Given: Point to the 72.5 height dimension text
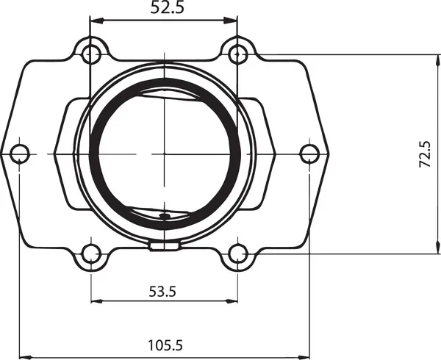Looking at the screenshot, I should pos(426,155).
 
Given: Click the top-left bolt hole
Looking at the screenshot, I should pos(91,54).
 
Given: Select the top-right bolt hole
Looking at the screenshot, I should pos(237,54).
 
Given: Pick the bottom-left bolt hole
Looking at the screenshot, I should pos(91,254).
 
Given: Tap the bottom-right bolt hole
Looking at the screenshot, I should pos(237,254).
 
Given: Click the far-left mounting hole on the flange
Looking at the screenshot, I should pos(20,154).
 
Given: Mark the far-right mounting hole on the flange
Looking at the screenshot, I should pos(309,154).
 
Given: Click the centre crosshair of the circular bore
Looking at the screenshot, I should pos(165,154).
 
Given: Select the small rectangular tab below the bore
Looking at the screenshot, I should pos(164,246).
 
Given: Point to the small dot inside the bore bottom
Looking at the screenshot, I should pos(165,216).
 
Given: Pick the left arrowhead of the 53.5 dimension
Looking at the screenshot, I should pos(96,301).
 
